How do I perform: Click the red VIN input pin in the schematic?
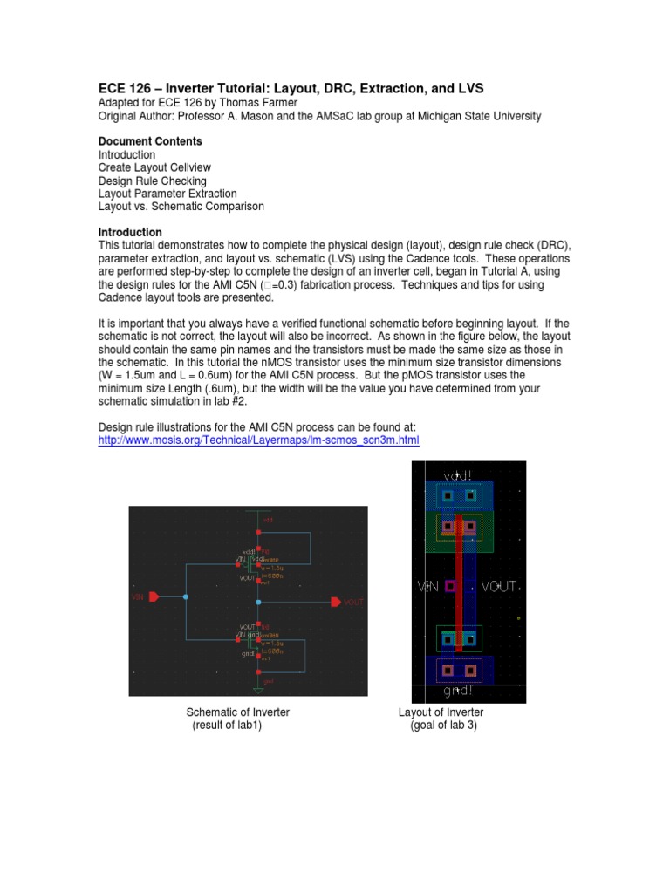(154, 596)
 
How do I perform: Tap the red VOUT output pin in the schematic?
(336, 602)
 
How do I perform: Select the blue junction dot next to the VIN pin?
(186, 596)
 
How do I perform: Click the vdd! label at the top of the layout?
(459, 474)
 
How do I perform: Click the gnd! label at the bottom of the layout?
(459, 692)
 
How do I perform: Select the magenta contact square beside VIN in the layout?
(451, 587)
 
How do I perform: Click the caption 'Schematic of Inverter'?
(232, 712)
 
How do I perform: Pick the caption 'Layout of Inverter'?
(441, 712)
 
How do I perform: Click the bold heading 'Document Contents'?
(150, 141)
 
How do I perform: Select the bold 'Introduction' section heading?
(130, 233)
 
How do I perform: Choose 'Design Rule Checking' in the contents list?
(153, 181)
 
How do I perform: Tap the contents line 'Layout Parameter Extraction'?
(167, 194)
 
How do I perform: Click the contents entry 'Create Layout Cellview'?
(154, 167)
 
